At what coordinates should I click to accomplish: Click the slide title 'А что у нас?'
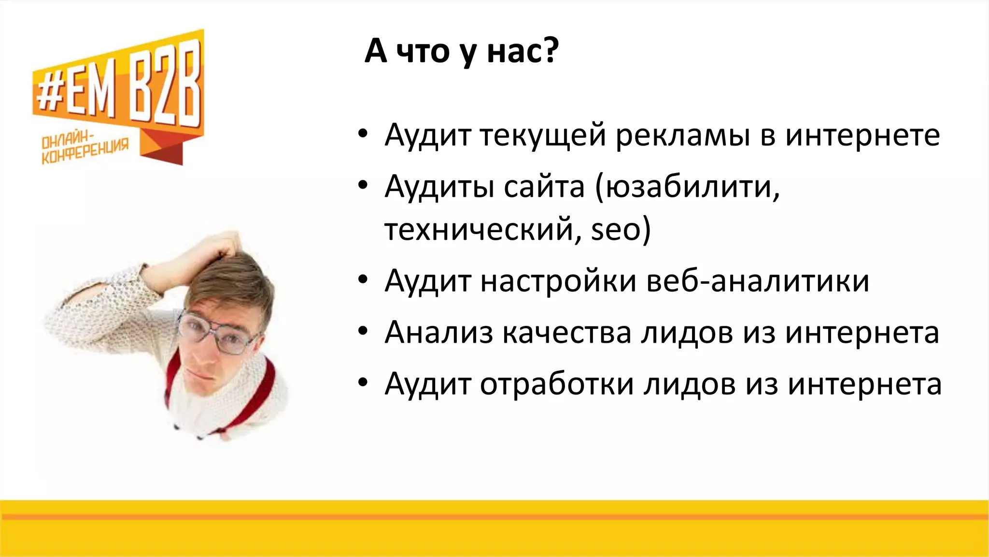pyautogui.click(x=461, y=51)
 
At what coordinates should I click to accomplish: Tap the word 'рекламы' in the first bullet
pyautogui.click(x=682, y=136)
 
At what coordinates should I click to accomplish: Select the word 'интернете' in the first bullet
pyautogui.click(x=862, y=136)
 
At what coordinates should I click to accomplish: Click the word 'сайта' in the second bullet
pyautogui.click(x=544, y=187)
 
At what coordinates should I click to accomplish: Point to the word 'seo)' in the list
pyautogui.click(x=621, y=229)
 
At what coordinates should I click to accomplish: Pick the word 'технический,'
pyautogui.click(x=483, y=229)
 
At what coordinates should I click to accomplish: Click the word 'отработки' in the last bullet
pyautogui.click(x=556, y=384)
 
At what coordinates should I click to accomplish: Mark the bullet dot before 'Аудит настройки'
pyautogui.click(x=363, y=280)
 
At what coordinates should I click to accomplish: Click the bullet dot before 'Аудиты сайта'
pyautogui.click(x=363, y=186)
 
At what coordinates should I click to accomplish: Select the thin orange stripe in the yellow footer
pyautogui.click(x=494, y=517)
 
